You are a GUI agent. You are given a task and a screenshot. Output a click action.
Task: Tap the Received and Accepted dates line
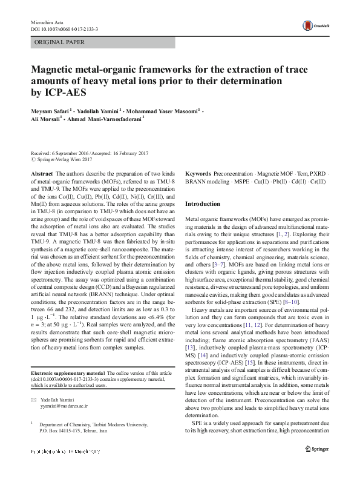(91, 154)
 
